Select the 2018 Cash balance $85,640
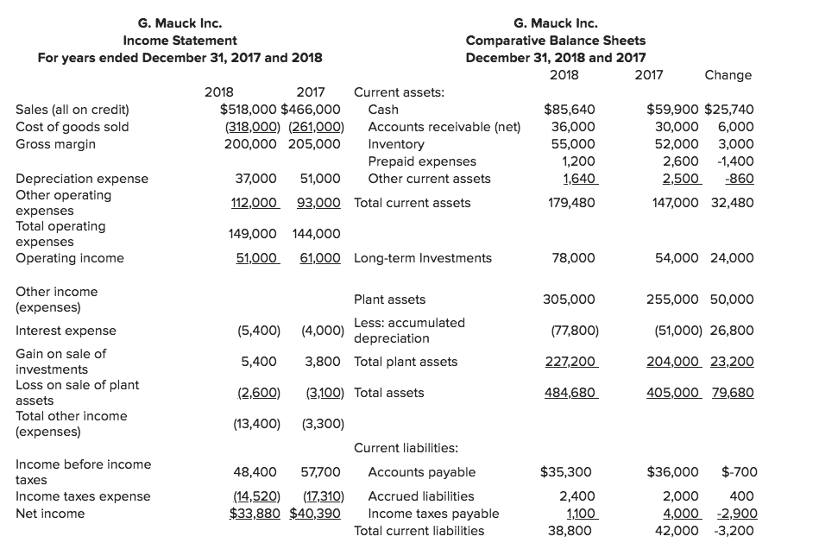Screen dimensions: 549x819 (568, 110)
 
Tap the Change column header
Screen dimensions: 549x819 (728, 75)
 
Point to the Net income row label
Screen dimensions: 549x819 (50, 514)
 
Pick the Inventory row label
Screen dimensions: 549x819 (395, 144)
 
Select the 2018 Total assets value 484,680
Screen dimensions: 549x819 (569, 393)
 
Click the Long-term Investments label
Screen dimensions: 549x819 (423, 258)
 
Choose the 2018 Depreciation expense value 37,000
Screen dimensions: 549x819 (256, 179)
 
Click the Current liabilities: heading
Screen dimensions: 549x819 (406, 448)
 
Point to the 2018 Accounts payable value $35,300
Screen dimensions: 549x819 (565, 472)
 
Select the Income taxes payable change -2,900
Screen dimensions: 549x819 (734, 514)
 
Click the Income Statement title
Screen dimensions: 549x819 (180, 41)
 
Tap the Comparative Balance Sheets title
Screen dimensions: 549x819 (555, 41)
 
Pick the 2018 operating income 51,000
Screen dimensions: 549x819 (256, 258)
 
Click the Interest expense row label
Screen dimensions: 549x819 (66, 331)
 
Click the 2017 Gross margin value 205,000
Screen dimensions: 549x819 (314, 144)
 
